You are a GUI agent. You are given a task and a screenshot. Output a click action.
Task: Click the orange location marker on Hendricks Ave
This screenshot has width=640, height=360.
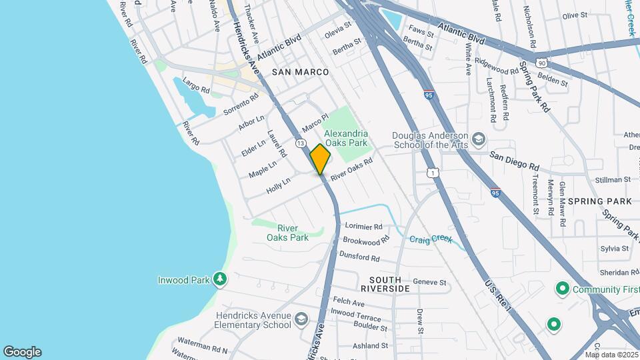click(x=320, y=159)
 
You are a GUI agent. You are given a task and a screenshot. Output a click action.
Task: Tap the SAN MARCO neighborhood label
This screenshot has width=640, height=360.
click(x=301, y=71)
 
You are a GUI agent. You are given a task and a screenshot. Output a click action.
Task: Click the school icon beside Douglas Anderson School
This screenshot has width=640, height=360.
click(x=478, y=140)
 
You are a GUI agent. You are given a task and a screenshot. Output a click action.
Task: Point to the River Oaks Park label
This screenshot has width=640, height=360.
click(x=287, y=233)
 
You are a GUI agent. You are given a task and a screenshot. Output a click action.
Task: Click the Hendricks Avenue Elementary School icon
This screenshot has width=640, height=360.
click(x=301, y=319)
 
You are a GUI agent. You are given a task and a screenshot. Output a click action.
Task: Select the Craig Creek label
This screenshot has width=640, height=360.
click(x=431, y=239)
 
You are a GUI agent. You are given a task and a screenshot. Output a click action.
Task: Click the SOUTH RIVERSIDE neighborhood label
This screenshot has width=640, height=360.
click(x=385, y=284)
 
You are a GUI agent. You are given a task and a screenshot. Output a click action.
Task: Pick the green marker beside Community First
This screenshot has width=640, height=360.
click(x=561, y=289)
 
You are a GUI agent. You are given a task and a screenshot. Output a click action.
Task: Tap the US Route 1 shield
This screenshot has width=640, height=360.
click(x=433, y=173)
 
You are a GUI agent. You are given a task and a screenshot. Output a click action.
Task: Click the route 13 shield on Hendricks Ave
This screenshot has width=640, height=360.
click(x=301, y=144)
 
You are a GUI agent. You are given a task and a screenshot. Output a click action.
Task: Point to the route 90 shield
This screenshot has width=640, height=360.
click(x=542, y=63)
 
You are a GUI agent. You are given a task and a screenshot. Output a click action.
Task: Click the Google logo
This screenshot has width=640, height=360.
click(x=22, y=352)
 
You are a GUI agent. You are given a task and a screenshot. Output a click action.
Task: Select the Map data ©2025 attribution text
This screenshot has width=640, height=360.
click(x=611, y=355)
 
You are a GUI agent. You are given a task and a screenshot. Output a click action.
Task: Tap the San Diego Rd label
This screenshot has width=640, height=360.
click(x=514, y=160)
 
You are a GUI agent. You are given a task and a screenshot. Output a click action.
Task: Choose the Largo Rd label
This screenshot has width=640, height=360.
click(x=197, y=86)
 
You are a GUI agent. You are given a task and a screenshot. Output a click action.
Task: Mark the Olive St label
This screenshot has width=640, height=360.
click(x=575, y=15)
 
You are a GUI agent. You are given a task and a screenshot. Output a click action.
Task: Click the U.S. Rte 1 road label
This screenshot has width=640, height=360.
click(x=498, y=295)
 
